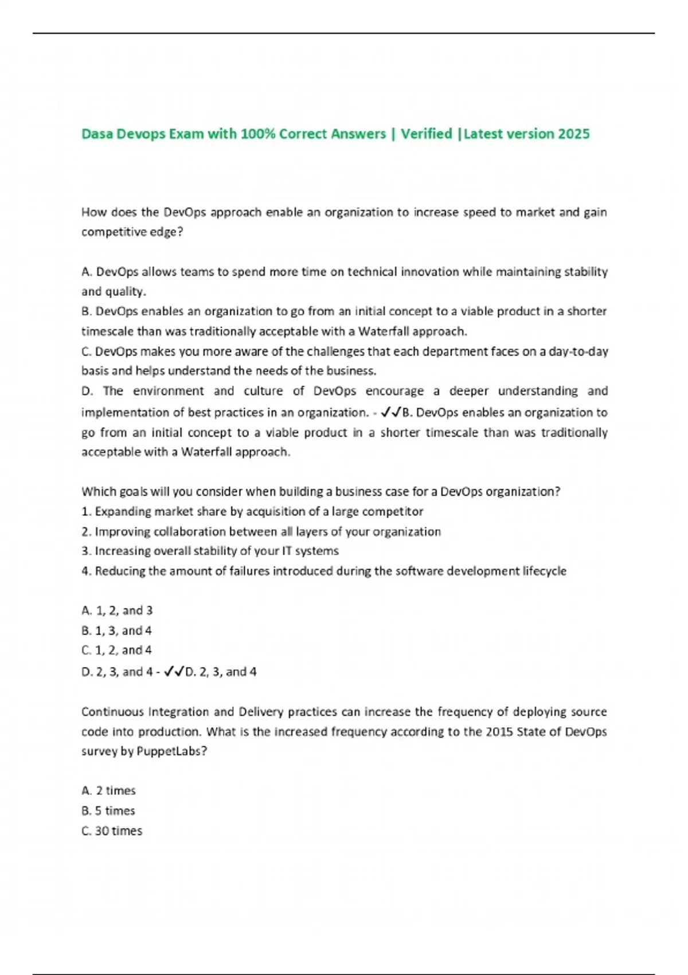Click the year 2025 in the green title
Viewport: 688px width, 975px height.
(573, 134)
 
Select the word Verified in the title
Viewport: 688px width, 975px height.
(427, 134)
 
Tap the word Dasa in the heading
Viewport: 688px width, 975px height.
(97, 134)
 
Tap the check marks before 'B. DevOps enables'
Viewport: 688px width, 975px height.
(391, 412)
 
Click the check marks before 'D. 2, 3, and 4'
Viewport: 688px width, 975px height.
(174, 671)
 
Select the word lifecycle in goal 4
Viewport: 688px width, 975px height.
(544, 571)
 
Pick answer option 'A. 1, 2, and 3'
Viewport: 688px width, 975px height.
(117, 610)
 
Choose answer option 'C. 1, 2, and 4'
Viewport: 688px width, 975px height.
(116, 650)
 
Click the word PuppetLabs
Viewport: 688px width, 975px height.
(171, 751)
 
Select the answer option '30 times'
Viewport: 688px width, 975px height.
(118, 830)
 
